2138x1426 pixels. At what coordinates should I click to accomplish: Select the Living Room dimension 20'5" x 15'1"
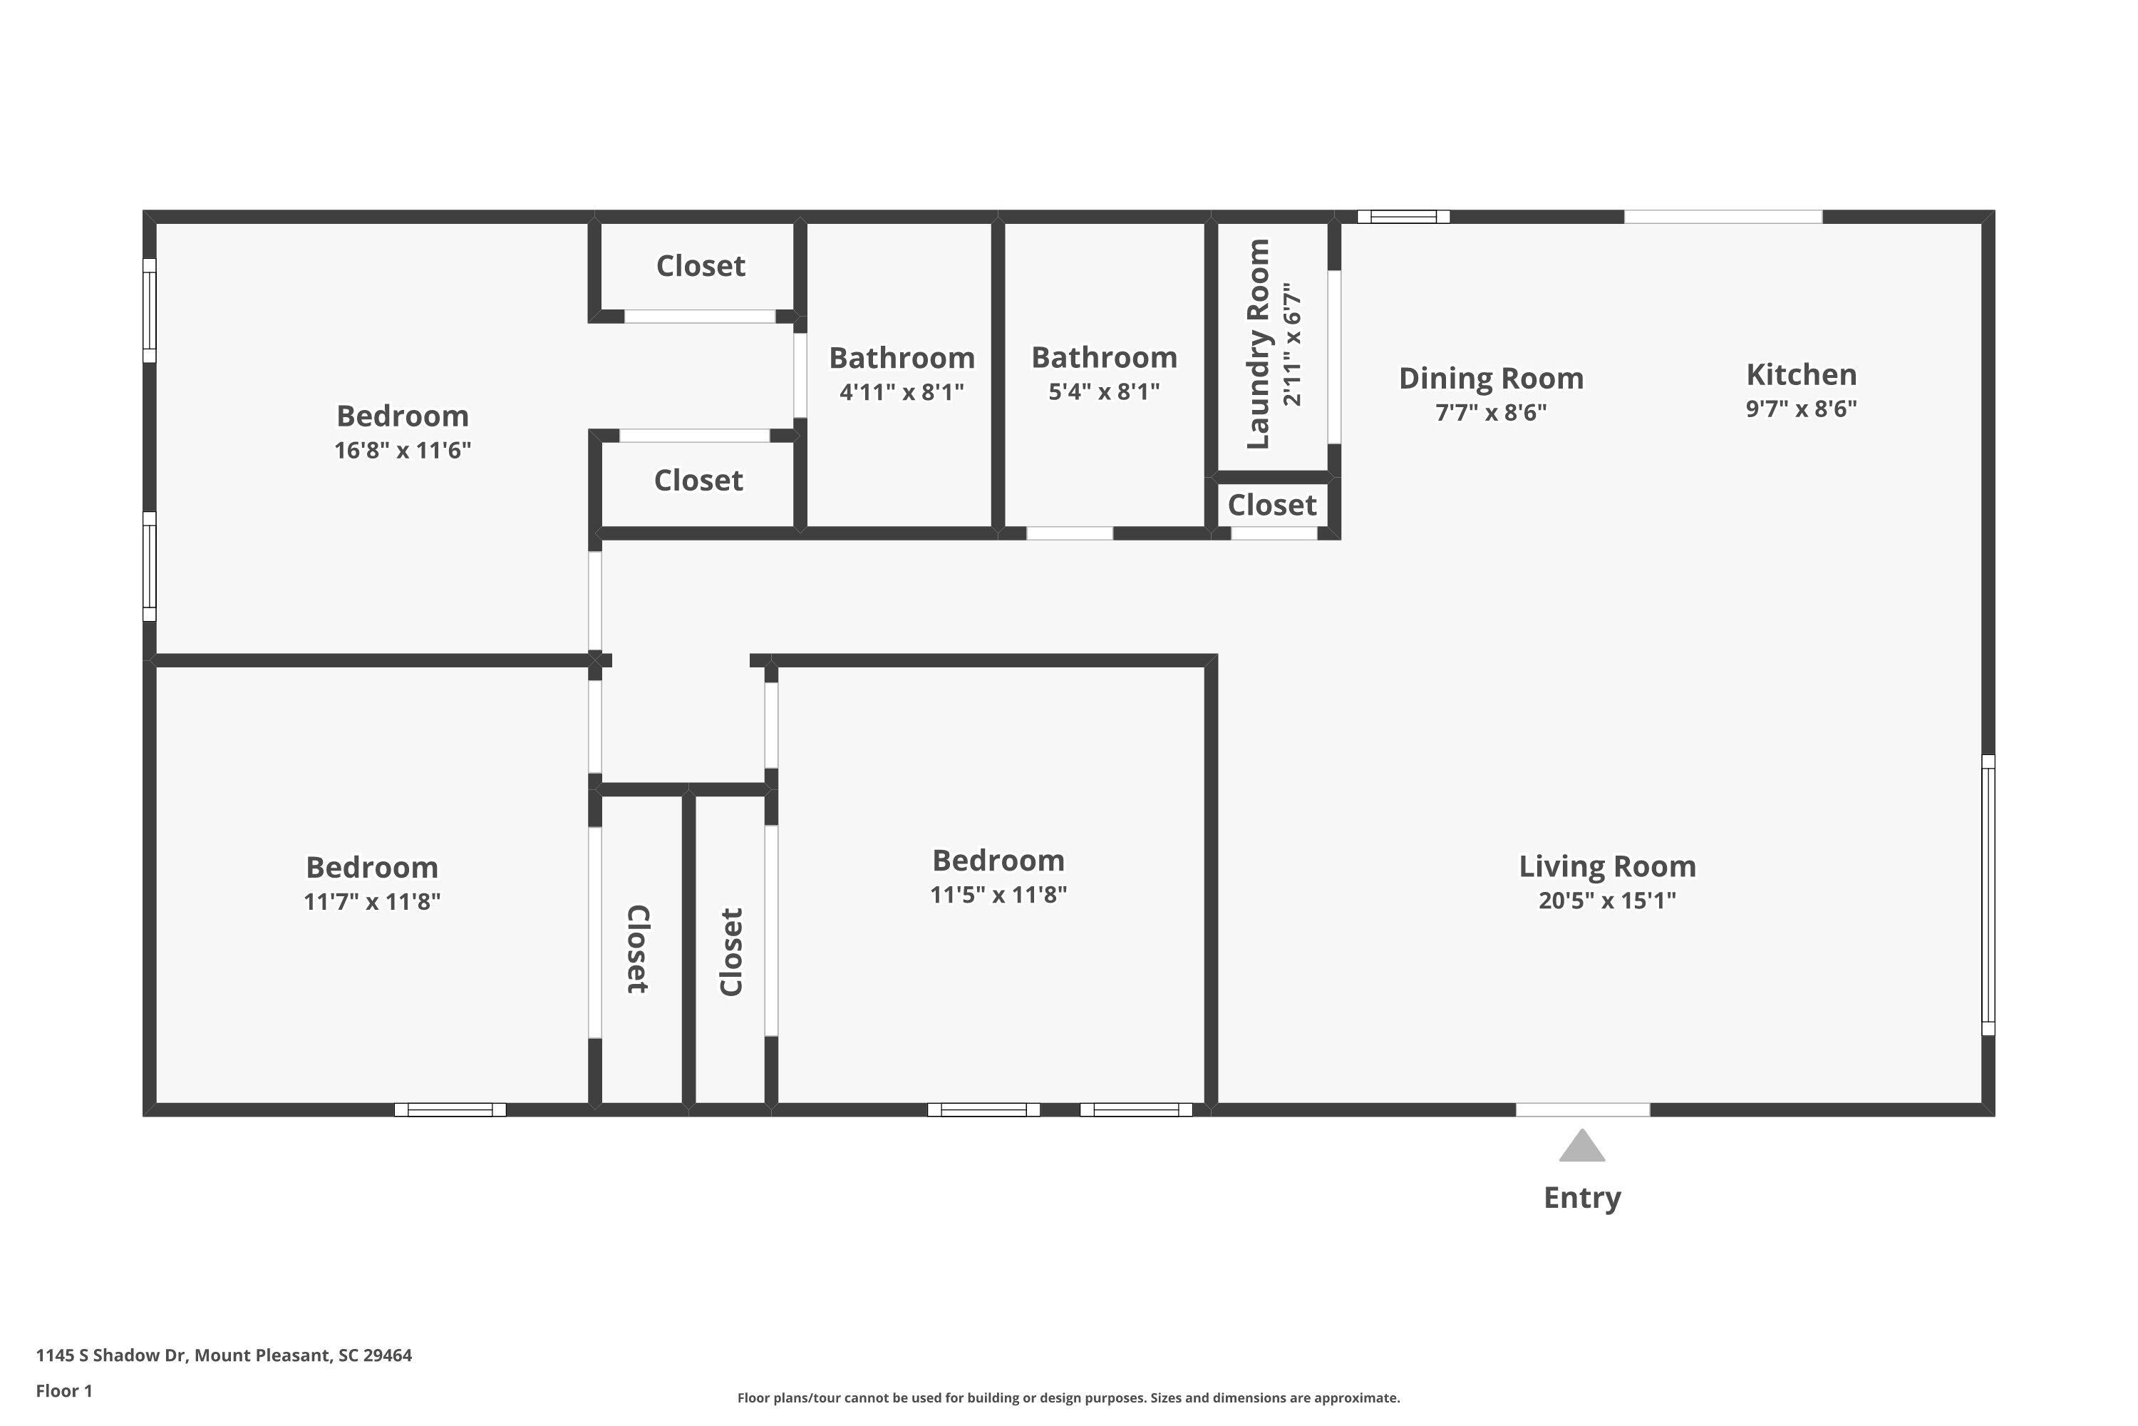[1607, 901]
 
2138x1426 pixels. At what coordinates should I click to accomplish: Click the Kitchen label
[1801, 375]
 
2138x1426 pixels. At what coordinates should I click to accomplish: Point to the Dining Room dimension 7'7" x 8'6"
[1491, 412]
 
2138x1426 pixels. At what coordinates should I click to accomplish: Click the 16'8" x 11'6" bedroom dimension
[403, 450]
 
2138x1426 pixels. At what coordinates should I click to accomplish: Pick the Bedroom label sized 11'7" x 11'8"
[372, 867]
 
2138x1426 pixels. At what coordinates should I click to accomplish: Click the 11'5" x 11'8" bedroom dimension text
[998, 895]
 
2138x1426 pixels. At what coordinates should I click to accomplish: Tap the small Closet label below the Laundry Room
[1271, 505]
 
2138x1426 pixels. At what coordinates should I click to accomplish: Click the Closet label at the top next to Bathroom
[701, 265]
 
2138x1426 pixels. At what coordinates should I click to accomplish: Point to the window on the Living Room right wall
[1988, 895]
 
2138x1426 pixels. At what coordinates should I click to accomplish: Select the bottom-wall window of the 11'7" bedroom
[450, 1109]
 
